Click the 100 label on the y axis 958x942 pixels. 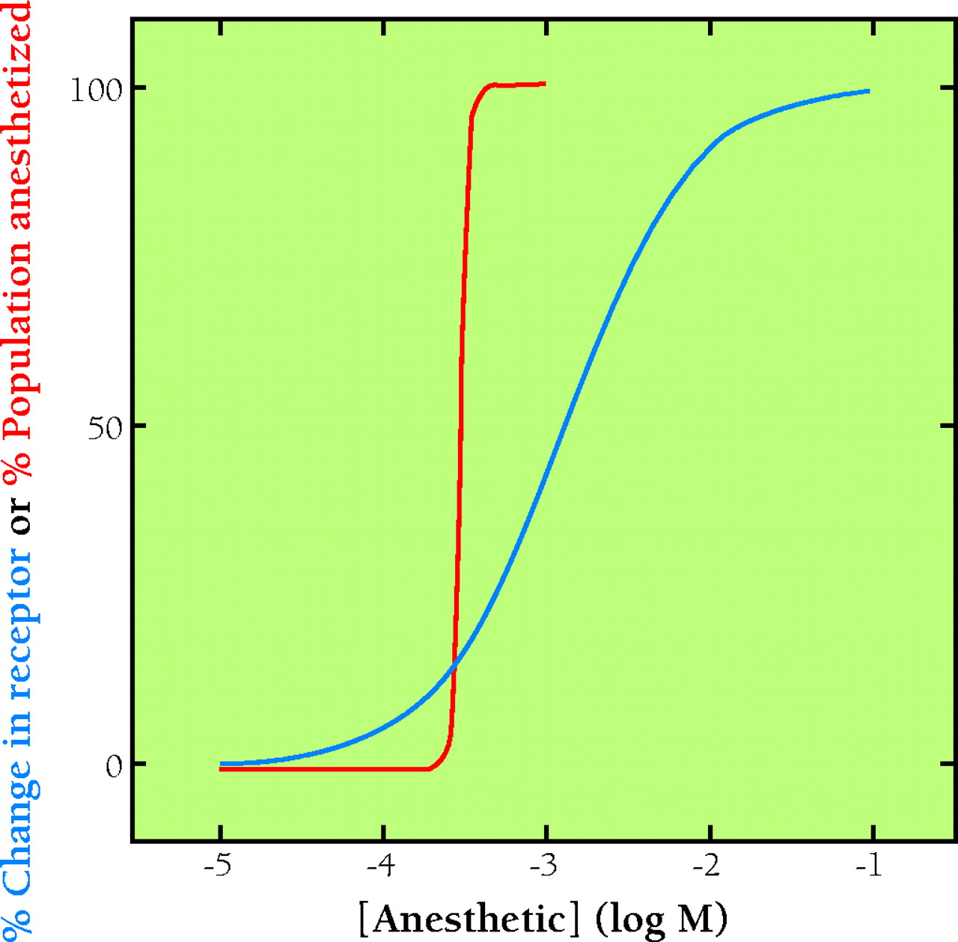pyautogui.click(x=95, y=90)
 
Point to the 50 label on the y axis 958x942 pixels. pyautogui.click(x=104, y=428)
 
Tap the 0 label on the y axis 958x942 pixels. pyautogui.click(x=114, y=766)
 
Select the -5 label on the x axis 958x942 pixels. pyautogui.click(x=219, y=866)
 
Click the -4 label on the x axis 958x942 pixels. pyautogui.click(x=382, y=866)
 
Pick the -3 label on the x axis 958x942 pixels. pyautogui.click(x=544, y=866)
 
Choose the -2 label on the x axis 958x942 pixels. pyautogui.click(x=707, y=866)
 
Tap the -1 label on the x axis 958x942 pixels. pyautogui.click(x=868, y=866)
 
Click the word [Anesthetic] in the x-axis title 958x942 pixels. pyautogui.click(x=469, y=918)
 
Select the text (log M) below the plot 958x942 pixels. pyautogui.click(x=662, y=918)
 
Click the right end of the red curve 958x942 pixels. pyautogui.click(x=545, y=83)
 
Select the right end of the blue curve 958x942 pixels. pyautogui.click(x=869, y=91)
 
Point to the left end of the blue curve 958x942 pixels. pyautogui.click(x=221, y=764)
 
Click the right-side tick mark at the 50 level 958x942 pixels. pyautogui.click(x=948, y=425)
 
